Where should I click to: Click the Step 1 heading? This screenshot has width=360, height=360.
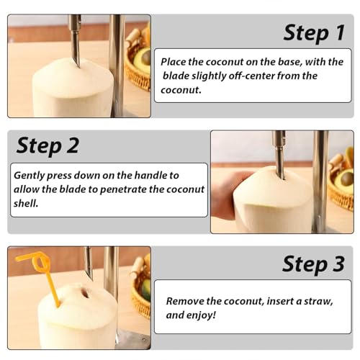(x=314, y=33)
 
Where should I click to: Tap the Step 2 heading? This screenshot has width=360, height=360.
(x=48, y=146)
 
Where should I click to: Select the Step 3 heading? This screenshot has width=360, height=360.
(x=313, y=264)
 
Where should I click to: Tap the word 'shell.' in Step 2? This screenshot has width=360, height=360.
(x=26, y=204)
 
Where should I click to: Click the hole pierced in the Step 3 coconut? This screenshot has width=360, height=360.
(x=85, y=293)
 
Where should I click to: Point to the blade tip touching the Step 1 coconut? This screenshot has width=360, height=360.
(x=78, y=66)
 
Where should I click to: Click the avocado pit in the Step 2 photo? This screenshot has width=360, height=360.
(x=347, y=179)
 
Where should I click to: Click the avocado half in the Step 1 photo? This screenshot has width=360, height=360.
(x=143, y=59)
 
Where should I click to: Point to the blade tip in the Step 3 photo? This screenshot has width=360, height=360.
(x=91, y=279)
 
